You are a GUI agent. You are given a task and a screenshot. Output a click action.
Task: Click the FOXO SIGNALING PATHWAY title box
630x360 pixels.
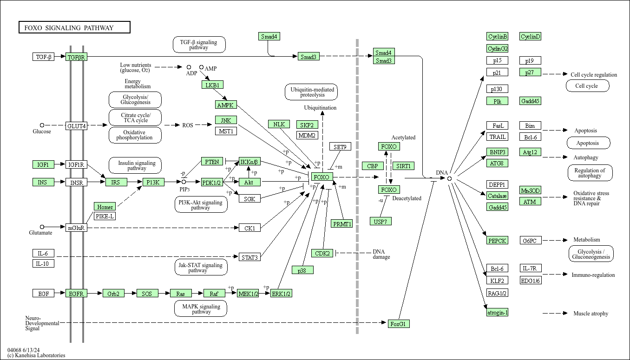(74, 27)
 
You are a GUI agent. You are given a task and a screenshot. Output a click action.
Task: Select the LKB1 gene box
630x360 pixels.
(212, 85)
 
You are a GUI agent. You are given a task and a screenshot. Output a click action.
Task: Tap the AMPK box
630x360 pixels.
(226, 105)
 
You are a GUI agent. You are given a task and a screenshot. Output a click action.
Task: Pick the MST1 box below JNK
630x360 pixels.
(226, 131)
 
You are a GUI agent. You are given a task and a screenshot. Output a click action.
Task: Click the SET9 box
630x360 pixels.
(340, 146)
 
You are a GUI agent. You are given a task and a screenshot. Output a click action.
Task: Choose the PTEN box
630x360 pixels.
(212, 162)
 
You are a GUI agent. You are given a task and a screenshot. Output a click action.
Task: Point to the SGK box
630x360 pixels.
(250, 198)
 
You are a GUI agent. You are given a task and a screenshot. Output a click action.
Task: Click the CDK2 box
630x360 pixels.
(322, 253)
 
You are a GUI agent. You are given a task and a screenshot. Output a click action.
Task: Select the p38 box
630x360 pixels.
(302, 270)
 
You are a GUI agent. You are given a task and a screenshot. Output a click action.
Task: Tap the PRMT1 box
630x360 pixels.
(342, 223)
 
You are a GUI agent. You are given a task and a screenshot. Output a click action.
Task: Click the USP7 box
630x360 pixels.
(381, 222)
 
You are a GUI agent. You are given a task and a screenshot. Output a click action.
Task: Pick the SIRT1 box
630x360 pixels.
(404, 166)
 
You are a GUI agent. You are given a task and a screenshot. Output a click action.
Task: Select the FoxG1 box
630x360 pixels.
(399, 324)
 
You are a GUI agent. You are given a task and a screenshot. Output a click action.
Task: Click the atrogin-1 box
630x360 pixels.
(498, 312)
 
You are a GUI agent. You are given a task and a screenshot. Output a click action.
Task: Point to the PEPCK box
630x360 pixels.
(498, 240)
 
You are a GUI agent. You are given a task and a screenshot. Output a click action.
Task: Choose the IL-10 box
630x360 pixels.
(43, 263)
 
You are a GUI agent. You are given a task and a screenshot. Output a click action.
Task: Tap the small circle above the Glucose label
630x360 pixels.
(42, 125)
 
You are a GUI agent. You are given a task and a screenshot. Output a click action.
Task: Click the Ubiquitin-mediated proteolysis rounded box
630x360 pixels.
(311, 92)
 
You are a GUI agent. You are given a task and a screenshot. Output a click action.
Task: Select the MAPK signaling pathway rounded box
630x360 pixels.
(201, 308)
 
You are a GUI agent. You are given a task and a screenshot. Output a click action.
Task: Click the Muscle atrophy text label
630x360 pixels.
(591, 313)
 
